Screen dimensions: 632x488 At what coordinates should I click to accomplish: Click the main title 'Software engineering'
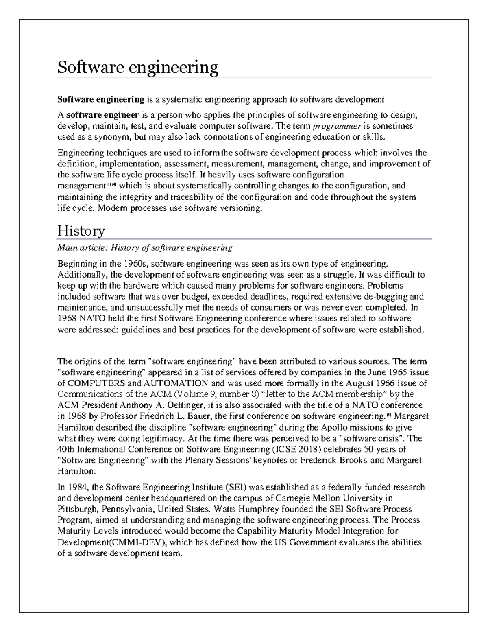click(137, 67)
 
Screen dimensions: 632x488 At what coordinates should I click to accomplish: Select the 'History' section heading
click(81, 231)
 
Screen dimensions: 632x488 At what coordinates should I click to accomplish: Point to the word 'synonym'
click(110, 137)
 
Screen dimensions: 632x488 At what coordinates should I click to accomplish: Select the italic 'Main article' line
click(145, 248)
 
